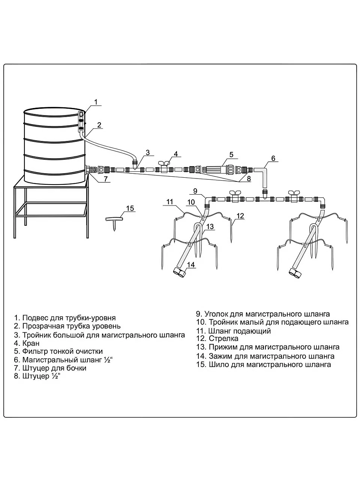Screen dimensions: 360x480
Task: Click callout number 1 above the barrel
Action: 96,102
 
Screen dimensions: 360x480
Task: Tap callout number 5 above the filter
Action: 231,154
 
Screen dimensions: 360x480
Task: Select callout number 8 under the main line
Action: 249,178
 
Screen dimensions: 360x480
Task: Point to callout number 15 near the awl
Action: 130,208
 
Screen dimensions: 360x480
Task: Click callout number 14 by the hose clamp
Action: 191,265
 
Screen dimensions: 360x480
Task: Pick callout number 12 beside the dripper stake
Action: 240,216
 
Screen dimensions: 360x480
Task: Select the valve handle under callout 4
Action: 165,162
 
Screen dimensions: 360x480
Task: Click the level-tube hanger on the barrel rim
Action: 81,122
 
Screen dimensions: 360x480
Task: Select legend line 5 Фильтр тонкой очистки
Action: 58,351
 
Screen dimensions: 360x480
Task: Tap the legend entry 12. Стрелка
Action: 217,339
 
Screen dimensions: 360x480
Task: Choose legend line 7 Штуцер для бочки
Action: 50,368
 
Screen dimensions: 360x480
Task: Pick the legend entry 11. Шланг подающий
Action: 234,331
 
